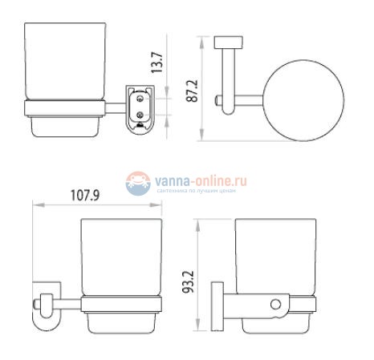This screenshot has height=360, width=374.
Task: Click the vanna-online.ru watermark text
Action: pos(204,182)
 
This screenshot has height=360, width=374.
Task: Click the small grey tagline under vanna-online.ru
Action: pos(204,192)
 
